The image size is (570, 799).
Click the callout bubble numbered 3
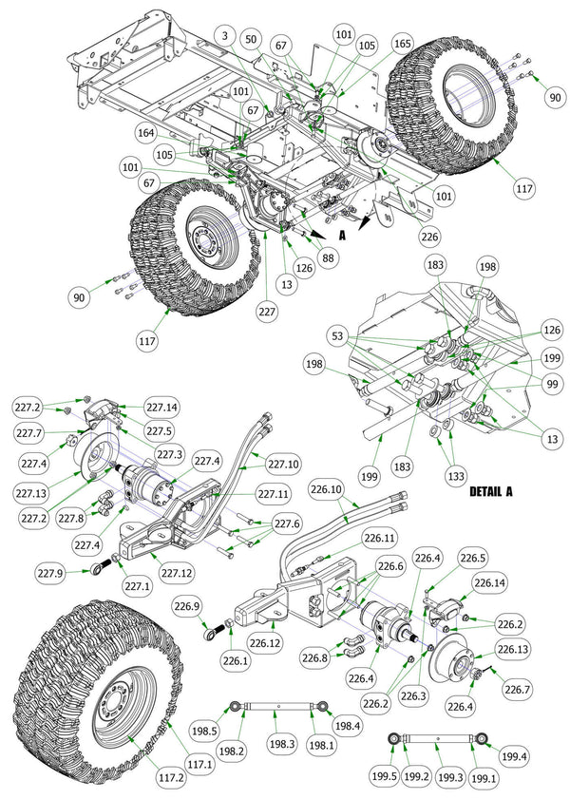click(224, 35)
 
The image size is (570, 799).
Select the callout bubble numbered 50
click(251, 40)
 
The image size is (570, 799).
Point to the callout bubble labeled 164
click(146, 133)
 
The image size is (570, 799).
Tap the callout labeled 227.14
click(161, 407)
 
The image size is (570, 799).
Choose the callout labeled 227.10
click(283, 464)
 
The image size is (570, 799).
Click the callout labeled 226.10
click(325, 491)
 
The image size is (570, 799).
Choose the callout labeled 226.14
click(489, 583)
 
